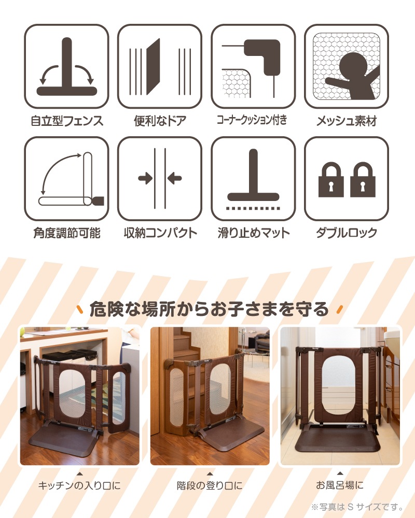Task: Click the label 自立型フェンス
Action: pyautogui.click(x=67, y=121)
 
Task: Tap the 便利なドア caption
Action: pyautogui.click(x=160, y=121)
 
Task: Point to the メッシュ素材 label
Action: pyautogui.click(x=347, y=121)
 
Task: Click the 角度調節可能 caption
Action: pyautogui.click(x=67, y=233)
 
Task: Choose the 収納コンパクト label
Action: pyautogui.click(x=160, y=233)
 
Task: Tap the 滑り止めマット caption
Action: pyautogui.click(x=254, y=233)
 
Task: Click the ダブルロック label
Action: pyautogui.click(x=347, y=233)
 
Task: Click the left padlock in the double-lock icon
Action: pyautogui.click(x=331, y=180)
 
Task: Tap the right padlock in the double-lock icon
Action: pyautogui.click(x=363, y=180)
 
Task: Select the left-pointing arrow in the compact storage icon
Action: pyautogui.click(x=175, y=179)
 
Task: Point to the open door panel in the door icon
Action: pyautogui.click(x=153, y=67)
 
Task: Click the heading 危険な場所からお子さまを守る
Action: pyautogui.click(x=209, y=309)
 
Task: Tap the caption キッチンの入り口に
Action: pyautogui.click(x=79, y=485)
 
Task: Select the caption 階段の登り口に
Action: pyautogui.click(x=210, y=485)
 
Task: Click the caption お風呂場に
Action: pyautogui.click(x=340, y=485)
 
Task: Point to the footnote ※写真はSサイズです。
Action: pyautogui.click(x=357, y=507)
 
